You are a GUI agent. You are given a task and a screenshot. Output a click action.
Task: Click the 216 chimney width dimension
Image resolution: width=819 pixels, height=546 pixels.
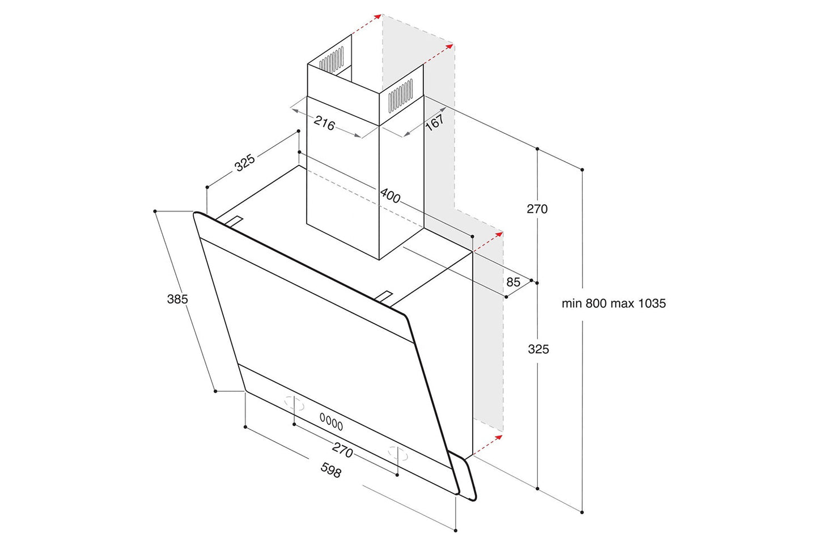pos(324,123)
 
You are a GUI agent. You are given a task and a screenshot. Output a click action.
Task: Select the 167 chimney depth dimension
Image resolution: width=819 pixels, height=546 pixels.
pos(435,122)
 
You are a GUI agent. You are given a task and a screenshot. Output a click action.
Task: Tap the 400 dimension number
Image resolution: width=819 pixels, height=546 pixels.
pos(390,196)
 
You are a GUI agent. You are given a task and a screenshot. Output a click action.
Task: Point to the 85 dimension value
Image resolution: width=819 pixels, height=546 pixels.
pos(513,282)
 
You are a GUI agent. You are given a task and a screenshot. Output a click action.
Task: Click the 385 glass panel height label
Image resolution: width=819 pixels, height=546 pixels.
pos(177,299)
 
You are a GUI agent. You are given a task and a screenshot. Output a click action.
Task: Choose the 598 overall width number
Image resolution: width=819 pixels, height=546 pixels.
pos(331,470)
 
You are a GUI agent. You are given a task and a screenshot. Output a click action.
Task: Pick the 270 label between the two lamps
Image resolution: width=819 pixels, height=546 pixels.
pos(342,451)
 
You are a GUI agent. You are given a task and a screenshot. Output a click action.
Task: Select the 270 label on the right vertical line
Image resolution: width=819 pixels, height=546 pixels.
pos(537,209)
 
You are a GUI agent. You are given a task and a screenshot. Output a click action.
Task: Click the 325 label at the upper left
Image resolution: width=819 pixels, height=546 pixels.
pos(245,163)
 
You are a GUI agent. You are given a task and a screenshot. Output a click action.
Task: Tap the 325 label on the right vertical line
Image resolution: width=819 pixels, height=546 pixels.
pos(538,349)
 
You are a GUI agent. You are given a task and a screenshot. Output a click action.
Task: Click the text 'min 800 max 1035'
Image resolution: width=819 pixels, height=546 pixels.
pos(613,303)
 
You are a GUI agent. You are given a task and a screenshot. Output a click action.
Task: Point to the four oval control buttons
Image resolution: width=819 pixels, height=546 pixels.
pos(332,422)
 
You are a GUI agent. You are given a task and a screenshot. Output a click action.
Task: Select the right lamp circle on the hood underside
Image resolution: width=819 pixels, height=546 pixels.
pos(397,452)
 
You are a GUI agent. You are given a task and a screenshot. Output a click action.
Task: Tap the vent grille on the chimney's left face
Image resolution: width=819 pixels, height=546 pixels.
pos(332,60)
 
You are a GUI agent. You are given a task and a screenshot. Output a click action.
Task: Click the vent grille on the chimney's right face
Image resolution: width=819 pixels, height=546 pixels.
pos(400,95)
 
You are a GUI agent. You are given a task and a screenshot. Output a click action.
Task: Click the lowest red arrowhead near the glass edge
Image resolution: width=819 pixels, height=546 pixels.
pos(498,437)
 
